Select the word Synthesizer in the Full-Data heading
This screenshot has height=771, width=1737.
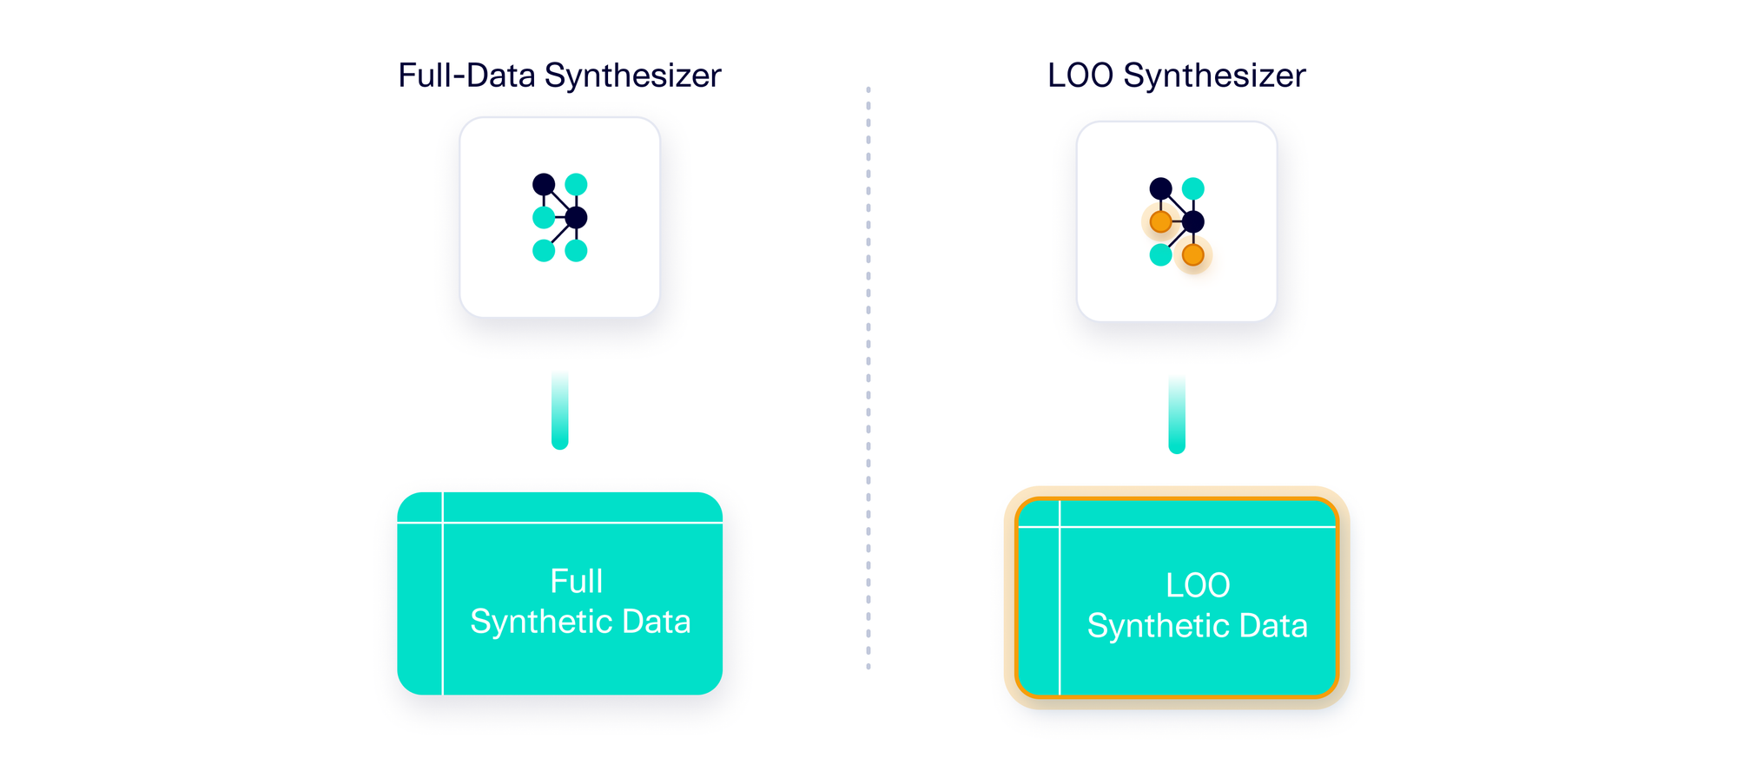click(633, 76)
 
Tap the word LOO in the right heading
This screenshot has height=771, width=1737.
click(1080, 76)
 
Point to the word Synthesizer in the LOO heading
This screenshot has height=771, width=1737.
click(1214, 76)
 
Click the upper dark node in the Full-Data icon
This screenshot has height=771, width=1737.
click(544, 184)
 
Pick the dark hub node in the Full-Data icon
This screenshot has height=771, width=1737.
click(576, 217)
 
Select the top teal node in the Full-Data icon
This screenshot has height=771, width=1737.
click(576, 184)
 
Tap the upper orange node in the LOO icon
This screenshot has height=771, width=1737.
click(1160, 222)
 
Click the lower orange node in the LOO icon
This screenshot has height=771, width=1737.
click(1193, 255)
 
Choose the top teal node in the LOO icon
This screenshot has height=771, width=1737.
click(1193, 188)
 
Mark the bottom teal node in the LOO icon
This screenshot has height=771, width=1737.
click(1160, 255)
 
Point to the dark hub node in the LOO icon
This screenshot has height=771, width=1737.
click(1193, 221)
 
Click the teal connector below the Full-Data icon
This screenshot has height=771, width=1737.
click(560, 412)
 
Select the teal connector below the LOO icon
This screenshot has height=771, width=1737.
click(1177, 417)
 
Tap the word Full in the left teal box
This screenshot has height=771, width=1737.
click(576, 582)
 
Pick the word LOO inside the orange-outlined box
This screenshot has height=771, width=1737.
click(1198, 586)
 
